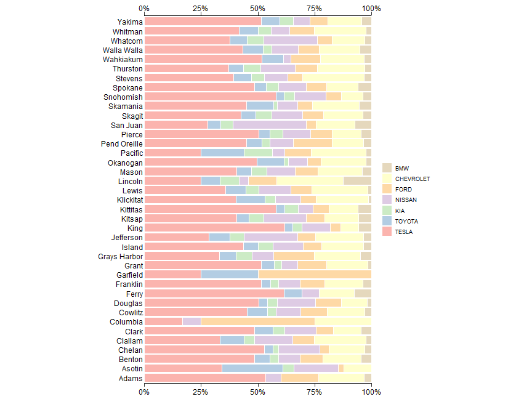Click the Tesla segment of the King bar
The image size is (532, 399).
tap(214, 228)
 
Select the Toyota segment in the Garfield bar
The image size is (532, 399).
tap(230, 275)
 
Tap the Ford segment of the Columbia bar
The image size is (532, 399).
tap(258, 321)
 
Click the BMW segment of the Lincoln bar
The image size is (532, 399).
tap(357, 181)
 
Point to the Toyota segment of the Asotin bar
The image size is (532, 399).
tap(252, 368)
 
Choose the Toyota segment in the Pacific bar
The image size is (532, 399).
tap(222, 153)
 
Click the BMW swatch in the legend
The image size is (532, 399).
tap(387, 168)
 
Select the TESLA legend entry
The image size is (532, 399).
tap(404, 232)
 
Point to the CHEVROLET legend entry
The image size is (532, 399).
tap(412, 179)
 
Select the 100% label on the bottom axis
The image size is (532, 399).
tap(371, 391)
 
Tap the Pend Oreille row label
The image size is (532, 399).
tap(121, 143)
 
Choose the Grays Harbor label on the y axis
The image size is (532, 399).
tap(120, 256)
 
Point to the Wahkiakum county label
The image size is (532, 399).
tap(122, 59)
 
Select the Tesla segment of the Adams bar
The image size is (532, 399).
tap(204, 377)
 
